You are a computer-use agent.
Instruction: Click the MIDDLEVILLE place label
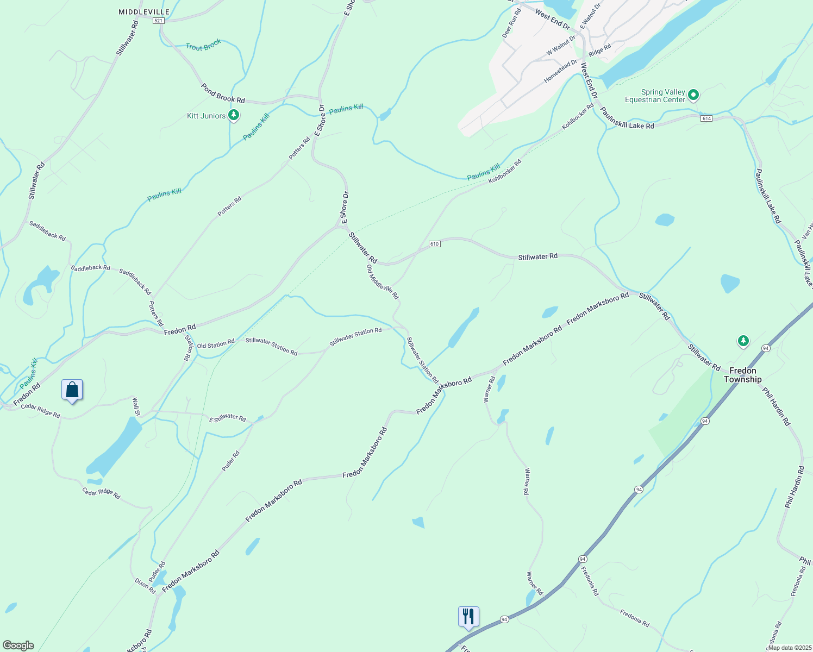pyautogui.click(x=144, y=12)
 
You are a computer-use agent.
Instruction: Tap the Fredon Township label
pyautogui.click(x=742, y=375)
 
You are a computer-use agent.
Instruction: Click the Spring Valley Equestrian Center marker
pyautogui.click(x=693, y=95)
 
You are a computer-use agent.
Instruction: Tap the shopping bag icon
pyautogui.click(x=72, y=390)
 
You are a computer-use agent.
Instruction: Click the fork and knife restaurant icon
pyautogui.click(x=468, y=617)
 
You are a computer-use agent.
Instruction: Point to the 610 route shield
pyautogui.click(x=434, y=244)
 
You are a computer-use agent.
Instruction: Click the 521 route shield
pyautogui.click(x=158, y=21)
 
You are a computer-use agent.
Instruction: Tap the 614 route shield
pyautogui.click(x=706, y=118)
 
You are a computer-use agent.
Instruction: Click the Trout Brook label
pyautogui.click(x=203, y=45)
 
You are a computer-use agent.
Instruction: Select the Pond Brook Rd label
pyautogui.click(x=223, y=93)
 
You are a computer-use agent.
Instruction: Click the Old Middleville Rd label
pyautogui.click(x=383, y=282)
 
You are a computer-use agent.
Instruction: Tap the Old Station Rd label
pyautogui.click(x=215, y=345)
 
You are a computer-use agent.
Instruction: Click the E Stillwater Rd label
pyautogui.click(x=228, y=418)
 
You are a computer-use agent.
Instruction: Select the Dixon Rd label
pyautogui.click(x=145, y=586)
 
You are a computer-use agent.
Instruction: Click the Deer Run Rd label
pyautogui.click(x=511, y=23)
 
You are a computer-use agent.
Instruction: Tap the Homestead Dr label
pyautogui.click(x=560, y=71)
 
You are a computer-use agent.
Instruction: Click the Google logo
pyautogui.click(x=18, y=645)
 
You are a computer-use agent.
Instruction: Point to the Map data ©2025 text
pyautogui.click(x=789, y=647)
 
